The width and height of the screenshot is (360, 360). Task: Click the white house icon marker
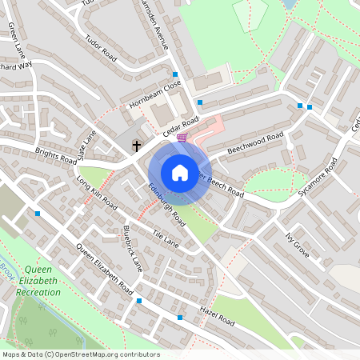[179, 173]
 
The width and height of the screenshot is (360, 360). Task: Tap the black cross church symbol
[137, 146]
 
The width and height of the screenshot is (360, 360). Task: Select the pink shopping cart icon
[182, 138]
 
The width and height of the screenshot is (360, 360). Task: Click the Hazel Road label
[217, 314]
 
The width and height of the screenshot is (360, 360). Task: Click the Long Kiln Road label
[97, 194]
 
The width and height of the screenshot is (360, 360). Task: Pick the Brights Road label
[55, 154]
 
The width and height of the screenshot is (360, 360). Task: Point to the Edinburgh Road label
[166, 205]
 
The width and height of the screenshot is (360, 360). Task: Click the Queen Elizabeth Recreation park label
[38, 281]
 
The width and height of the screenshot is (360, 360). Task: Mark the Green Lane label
[17, 40]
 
